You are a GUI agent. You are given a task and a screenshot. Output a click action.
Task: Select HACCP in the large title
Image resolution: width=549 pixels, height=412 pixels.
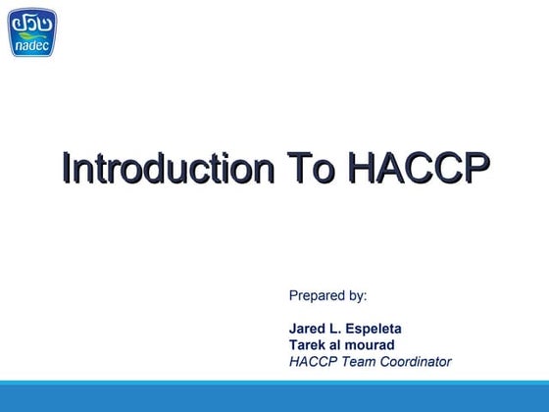[416, 168]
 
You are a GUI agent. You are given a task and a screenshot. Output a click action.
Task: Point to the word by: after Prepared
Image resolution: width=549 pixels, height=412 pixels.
[358, 295]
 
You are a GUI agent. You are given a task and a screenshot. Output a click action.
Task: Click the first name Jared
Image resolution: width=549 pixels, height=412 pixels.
[308, 329]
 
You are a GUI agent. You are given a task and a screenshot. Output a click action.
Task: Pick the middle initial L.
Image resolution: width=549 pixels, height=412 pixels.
[337, 329]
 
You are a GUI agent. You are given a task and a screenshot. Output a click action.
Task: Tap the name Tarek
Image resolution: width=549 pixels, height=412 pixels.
[309, 345]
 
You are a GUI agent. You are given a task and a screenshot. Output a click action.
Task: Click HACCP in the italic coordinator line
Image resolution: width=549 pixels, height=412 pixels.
[312, 362]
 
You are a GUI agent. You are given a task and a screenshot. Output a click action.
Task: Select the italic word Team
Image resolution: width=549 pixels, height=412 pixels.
[357, 362]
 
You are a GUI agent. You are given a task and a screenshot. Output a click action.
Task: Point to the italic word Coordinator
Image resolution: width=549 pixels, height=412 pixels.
[415, 362]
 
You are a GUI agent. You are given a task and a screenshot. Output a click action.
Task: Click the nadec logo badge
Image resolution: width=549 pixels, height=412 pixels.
[32, 32]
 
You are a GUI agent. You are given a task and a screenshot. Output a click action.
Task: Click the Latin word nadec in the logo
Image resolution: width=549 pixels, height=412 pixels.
[32, 43]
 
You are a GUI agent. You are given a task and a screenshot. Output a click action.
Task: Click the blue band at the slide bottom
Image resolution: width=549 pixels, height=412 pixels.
[274, 397]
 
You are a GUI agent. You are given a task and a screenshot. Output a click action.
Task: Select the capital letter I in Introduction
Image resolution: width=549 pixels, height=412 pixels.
[65, 168]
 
